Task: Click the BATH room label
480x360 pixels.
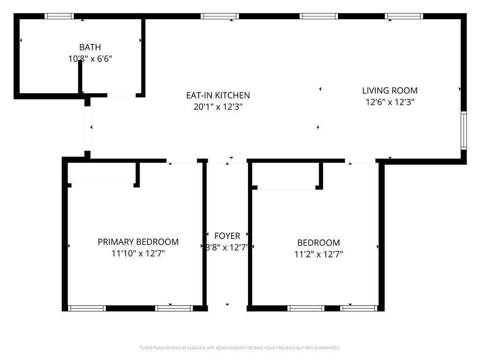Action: tap(90, 47)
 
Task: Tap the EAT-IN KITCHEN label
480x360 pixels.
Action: tap(218, 95)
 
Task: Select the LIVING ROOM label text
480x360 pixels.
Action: tap(390, 90)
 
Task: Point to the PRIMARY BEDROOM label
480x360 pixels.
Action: tap(138, 242)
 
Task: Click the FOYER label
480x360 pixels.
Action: tap(227, 236)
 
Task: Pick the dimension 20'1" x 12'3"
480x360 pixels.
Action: tap(218, 106)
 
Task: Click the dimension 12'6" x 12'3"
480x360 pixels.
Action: tap(390, 102)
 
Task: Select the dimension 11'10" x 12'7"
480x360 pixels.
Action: tap(138, 254)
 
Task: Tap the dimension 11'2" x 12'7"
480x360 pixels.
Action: tap(318, 254)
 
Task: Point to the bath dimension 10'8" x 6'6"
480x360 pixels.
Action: tap(90, 59)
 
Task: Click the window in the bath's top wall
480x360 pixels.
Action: tap(59, 16)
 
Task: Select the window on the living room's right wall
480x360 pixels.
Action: tap(464, 130)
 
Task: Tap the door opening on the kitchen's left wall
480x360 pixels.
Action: tap(88, 128)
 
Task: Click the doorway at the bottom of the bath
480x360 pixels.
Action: tap(121, 96)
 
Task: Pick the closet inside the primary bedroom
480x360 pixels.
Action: tap(101, 173)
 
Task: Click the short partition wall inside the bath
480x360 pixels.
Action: tap(80, 77)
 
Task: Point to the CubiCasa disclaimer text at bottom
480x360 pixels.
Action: tap(240, 348)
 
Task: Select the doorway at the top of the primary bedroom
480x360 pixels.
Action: tap(181, 161)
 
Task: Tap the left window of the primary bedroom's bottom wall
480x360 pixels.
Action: tap(87, 308)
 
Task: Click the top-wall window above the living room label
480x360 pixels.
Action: tap(404, 16)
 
